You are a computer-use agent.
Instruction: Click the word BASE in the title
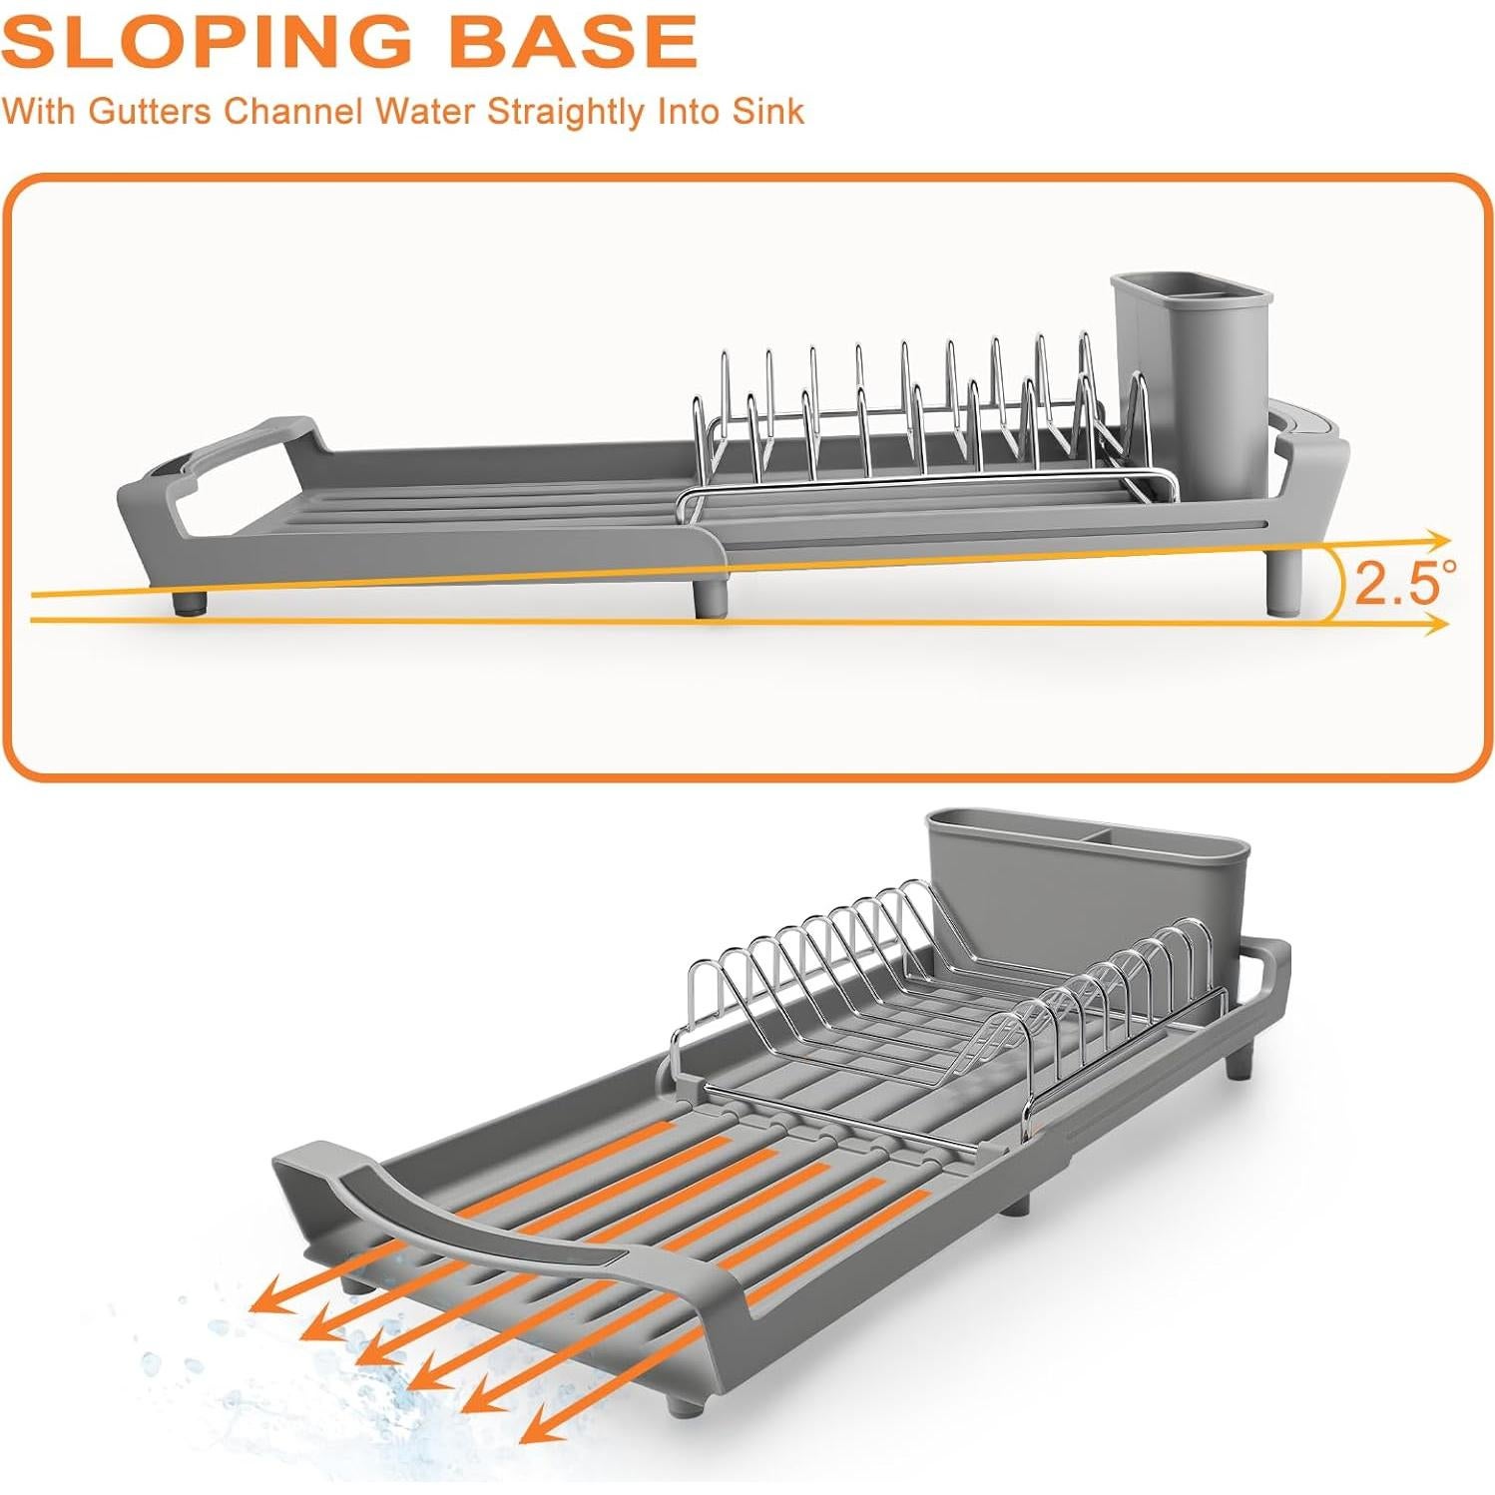(x=571, y=42)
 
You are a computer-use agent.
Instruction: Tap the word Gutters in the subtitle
(x=150, y=111)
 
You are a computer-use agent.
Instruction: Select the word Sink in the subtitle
(x=767, y=111)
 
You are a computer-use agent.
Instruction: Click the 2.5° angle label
(x=1402, y=583)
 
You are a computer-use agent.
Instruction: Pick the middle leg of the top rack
(x=711, y=597)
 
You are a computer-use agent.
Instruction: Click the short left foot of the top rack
(x=189, y=602)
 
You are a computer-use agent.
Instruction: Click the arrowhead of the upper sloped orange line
(x=1438, y=541)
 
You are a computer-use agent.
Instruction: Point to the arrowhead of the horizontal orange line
(x=1438, y=624)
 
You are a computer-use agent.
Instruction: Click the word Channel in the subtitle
(x=292, y=111)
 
